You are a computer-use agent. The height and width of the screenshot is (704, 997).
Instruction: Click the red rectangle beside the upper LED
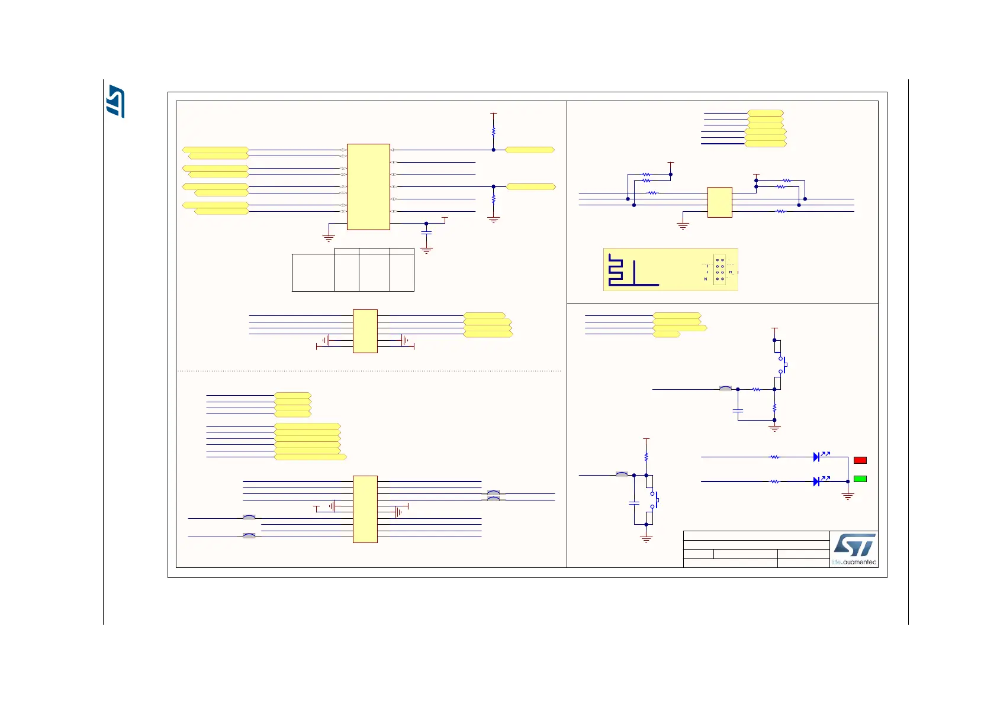click(860, 460)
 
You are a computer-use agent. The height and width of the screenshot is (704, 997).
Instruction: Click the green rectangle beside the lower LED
click(860, 479)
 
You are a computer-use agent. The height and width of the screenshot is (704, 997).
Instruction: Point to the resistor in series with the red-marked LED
click(774, 457)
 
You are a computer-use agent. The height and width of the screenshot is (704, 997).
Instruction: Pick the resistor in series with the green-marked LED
click(774, 482)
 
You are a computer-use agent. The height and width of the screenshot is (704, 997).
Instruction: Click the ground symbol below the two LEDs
click(848, 496)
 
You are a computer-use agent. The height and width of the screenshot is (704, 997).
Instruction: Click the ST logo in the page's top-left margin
click(115, 101)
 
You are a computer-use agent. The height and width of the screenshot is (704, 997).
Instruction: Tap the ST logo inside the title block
click(854, 545)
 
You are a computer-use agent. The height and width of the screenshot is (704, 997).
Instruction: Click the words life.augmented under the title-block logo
click(853, 562)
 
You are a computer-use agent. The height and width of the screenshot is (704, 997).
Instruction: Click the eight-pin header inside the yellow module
click(719, 269)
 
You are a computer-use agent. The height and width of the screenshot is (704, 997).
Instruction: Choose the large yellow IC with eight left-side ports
click(368, 186)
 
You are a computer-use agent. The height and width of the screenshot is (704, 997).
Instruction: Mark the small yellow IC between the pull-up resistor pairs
click(719, 202)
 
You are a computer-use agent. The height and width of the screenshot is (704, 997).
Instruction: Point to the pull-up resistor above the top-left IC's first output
click(493, 132)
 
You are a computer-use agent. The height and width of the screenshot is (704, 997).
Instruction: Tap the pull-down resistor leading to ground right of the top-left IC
click(493, 200)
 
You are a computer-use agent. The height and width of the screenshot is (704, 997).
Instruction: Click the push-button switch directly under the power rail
click(781, 365)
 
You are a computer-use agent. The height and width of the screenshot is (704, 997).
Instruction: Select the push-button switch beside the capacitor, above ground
click(654, 500)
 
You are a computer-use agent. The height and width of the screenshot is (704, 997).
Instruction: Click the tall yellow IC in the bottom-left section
click(365, 509)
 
